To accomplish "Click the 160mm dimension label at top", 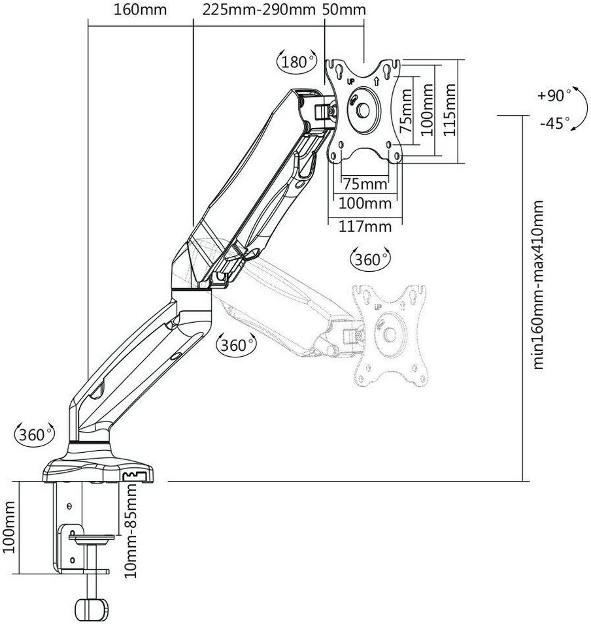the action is click(140, 9).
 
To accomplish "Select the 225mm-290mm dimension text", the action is click(259, 9).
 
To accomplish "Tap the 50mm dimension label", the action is click(344, 9).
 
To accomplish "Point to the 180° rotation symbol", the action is click(297, 61).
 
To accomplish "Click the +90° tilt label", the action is click(554, 95).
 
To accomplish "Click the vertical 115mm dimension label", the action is click(450, 110).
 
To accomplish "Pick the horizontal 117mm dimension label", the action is click(365, 226).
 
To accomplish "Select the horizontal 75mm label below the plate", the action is click(365, 184).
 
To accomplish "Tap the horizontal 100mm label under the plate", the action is click(365, 203).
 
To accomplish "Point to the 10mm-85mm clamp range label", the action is click(131, 531).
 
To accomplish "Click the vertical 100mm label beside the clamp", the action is click(8, 527).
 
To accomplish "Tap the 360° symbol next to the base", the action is click(35, 435).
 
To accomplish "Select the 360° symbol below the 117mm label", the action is click(370, 259).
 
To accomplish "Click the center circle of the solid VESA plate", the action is click(363, 110).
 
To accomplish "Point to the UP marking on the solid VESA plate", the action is click(351, 82).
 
